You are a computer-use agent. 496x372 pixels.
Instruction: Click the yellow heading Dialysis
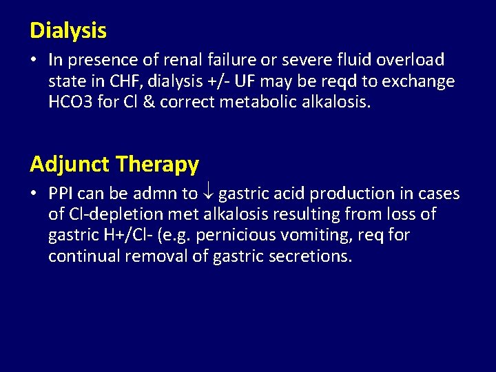(x=68, y=31)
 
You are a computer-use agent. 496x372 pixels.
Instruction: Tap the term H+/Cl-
(x=128, y=236)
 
